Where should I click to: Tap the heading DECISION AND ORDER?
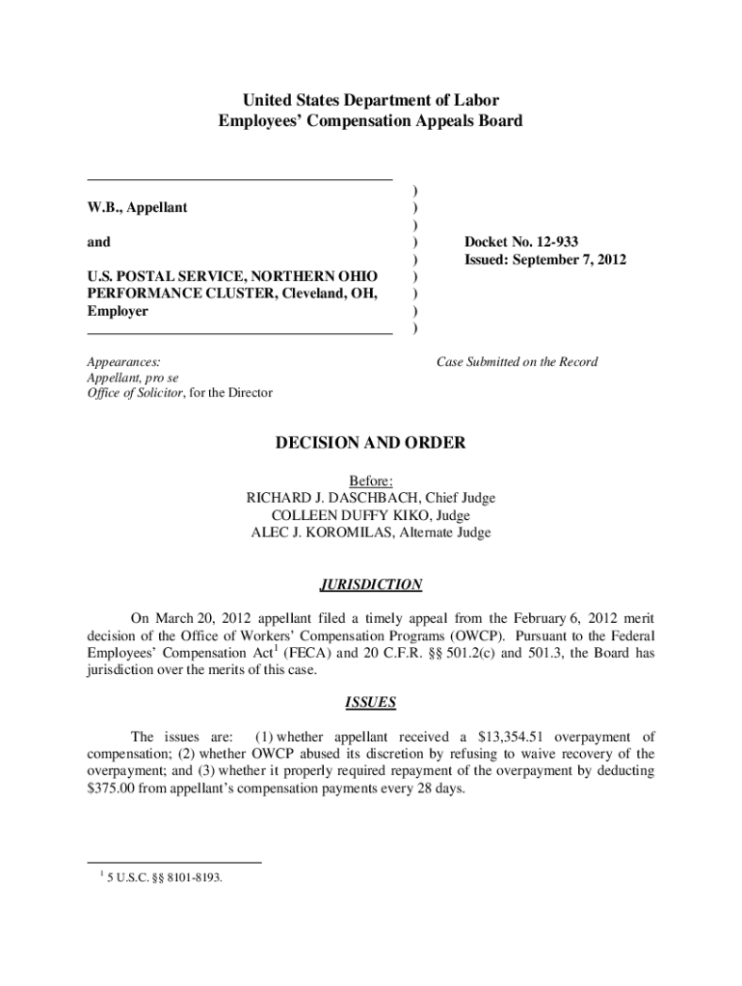371,443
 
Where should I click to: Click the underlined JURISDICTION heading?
371,584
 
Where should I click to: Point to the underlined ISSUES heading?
371,703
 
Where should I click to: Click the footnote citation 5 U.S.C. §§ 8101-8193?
164,877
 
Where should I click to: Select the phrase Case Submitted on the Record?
517,362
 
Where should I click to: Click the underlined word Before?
371,480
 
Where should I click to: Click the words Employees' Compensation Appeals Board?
371,121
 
